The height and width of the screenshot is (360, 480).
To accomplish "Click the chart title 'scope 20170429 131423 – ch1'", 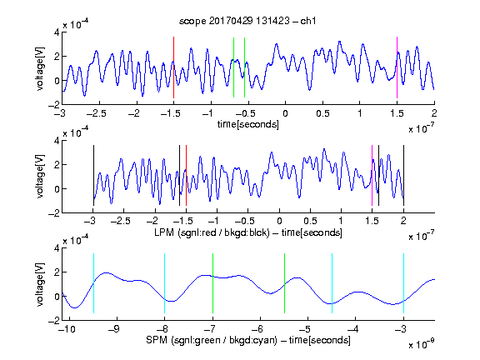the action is tap(247, 21).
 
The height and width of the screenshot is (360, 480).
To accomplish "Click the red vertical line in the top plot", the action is tap(173, 67).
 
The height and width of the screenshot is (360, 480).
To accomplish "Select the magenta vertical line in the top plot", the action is tap(397, 67).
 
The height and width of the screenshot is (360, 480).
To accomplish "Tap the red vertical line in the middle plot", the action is tap(186, 175).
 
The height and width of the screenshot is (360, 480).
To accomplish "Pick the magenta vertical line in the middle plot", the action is tap(372, 175).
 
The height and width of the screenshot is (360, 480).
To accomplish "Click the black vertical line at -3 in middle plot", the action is tap(93, 175).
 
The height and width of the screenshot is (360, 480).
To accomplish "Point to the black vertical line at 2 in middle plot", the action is tap(403, 175).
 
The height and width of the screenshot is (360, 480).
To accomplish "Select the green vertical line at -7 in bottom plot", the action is tap(212, 283).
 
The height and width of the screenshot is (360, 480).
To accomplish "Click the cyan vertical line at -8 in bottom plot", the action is tap(164, 283).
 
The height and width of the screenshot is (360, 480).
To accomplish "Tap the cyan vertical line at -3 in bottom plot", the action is tap(403, 283).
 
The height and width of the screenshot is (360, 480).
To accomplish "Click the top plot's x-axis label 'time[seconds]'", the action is tap(248, 124).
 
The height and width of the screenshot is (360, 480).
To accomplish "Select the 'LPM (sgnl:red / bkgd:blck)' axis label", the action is tap(212, 232).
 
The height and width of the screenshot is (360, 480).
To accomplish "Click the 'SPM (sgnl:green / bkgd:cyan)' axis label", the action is tap(212, 340).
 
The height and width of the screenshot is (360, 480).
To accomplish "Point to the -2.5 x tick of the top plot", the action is tap(97, 113).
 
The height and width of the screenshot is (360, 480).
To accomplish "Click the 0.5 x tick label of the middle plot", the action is tap(311, 221).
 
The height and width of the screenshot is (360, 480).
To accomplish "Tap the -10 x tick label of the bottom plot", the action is tap(67, 329).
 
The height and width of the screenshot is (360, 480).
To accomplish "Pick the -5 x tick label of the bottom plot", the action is tap(307, 329).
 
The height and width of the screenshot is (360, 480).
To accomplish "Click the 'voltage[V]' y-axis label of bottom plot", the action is tap(40, 284).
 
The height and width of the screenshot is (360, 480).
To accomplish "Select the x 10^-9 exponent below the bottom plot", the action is tap(422, 344).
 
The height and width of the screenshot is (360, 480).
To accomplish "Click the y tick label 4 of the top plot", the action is tap(57, 32).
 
